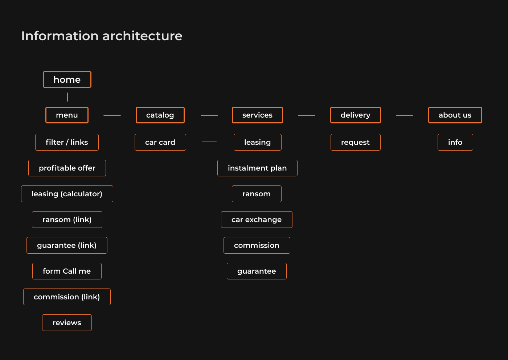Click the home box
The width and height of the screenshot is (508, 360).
click(67, 79)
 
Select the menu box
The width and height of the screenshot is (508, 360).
click(67, 115)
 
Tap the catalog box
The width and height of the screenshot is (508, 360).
click(160, 115)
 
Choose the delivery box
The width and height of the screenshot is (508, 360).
click(355, 115)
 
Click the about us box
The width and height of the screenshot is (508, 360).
click(455, 115)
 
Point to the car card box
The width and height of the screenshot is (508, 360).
click(160, 142)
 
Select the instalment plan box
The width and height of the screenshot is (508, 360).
click(257, 168)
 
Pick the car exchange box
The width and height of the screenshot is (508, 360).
click(257, 220)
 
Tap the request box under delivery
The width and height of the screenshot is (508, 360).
click(355, 142)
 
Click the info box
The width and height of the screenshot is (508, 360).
click(455, 142)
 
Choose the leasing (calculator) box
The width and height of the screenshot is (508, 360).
click(67, 194)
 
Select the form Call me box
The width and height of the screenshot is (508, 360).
click(67, 271)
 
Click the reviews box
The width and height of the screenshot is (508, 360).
click(67, 323)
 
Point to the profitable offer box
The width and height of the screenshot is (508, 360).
click(67, 168)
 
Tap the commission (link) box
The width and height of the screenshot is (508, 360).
click(67, 297)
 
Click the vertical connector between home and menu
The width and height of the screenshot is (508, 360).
click(67, 97)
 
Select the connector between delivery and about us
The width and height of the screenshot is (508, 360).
click(404, 115)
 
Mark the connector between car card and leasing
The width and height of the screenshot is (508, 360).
click(209, 142)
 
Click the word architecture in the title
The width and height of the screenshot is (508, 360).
click(142, 36)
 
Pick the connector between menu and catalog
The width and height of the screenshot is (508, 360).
click(112, 115)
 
